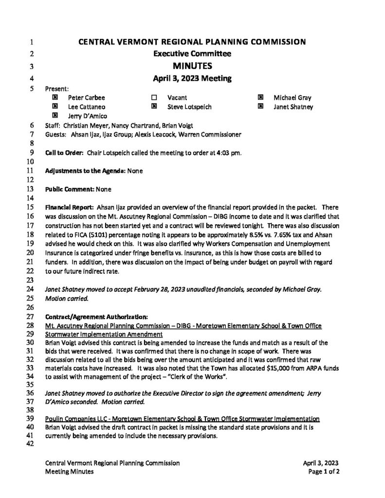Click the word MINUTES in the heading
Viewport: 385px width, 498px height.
click(192, 66)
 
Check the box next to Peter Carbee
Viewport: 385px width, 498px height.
click(55, 98)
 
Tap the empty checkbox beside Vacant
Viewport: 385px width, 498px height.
click(154, 98)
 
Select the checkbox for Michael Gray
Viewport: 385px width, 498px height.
click(261, 98)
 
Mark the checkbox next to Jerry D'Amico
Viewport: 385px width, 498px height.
click(55, 116)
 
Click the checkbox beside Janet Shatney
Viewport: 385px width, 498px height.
click(261, 107)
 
